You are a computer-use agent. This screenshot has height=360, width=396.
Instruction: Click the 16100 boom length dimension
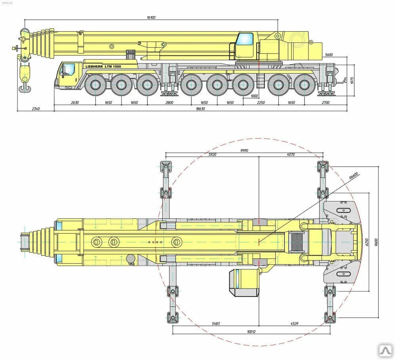pyautogui.click(x=151, y=17)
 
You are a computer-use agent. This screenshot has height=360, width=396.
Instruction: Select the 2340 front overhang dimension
pyautogui.click(x=36, y=108)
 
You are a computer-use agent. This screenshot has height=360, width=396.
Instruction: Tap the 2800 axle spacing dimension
pyautogui.click(x=169, y=103)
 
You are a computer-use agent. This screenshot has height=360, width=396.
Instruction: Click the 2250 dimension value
pyautogui.click(x=261, y=103)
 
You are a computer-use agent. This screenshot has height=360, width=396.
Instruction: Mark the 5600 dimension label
pyautogui.click(x=328, y=55)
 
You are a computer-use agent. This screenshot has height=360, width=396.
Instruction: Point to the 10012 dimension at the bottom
pyautogui.click(x=251, y=332)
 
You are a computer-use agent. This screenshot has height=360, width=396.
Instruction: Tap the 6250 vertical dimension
pyautogui.click(x=366, y=241)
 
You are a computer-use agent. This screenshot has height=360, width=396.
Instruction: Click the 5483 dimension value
pyautogui.click(x=216, y=324)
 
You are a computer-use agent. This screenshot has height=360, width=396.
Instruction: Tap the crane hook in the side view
pyautogui.click(x=25, y=79)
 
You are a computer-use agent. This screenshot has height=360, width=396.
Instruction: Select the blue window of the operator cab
pyautogui.click(x=245, y=39)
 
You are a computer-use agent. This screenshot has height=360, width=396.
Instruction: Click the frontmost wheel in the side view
pyautogui.click(x=95, y=85)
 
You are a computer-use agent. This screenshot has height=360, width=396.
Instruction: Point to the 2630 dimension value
pyautogui.click(x=75, y=103)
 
